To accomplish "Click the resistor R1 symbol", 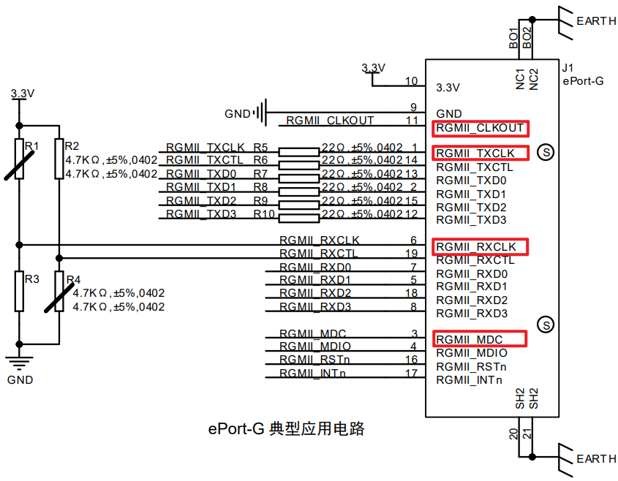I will (x=20, y=159).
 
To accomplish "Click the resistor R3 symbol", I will (x=20, y=291).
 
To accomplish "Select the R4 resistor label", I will (x=73, y=280).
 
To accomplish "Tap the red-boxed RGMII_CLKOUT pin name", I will (x=480, y=128).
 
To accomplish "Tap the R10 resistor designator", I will (x=263, y=214).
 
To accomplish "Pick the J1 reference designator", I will (x=568, y=68).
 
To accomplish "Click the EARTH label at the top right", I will (x=596, y=21).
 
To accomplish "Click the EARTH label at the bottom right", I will (x=596, y=459).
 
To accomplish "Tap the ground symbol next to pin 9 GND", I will (x=261, y=113).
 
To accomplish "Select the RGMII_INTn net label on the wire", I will (x=313, y=374).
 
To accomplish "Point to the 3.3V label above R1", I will (x=23, y=94).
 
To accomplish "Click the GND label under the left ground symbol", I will (x=20, y=380).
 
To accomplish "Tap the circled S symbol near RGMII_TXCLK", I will (x=544, y=152).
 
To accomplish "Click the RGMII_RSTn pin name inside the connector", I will (x=471, y=366).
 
